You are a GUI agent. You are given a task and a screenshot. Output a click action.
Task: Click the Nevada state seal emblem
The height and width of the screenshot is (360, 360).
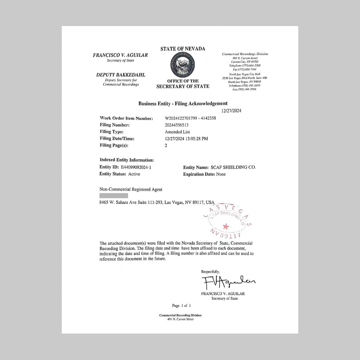pos(183,65)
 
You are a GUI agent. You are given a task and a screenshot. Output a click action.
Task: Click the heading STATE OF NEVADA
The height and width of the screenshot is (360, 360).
pos(183,49)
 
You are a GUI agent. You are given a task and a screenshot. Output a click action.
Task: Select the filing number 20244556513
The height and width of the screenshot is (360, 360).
pos(177,125)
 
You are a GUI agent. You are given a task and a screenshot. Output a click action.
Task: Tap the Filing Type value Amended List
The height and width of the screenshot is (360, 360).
pos(177,132)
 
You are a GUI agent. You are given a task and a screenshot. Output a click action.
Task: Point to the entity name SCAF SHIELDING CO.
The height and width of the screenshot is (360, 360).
pos(233,167)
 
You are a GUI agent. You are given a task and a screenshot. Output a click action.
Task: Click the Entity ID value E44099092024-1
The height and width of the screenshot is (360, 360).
pos(136,167)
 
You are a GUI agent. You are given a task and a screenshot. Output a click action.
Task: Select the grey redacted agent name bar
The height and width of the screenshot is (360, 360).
pos(114,196)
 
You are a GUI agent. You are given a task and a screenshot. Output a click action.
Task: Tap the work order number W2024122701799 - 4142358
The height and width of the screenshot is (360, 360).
pos(190,118)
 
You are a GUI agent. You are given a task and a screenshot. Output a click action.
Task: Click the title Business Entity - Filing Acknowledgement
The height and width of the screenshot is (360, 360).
pos(183,103)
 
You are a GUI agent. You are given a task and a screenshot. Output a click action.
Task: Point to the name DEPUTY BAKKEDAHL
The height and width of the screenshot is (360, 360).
pos(121,75)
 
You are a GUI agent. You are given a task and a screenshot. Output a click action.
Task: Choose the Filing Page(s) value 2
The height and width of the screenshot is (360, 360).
pos(166,146)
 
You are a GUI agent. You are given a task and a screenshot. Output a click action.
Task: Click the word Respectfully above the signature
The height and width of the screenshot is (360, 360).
pos(210,272)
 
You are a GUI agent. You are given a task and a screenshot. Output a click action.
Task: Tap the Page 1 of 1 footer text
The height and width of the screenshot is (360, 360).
pos(181,306)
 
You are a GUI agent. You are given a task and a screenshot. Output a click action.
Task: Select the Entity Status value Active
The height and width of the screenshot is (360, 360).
pos(134,174)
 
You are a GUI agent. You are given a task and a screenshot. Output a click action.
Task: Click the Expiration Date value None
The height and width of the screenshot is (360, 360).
pos(221,174)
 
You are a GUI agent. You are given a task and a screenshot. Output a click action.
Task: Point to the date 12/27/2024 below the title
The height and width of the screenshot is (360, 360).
pos(231,111)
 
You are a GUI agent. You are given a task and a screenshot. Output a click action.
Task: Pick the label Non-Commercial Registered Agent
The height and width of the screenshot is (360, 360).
pos(131,190)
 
